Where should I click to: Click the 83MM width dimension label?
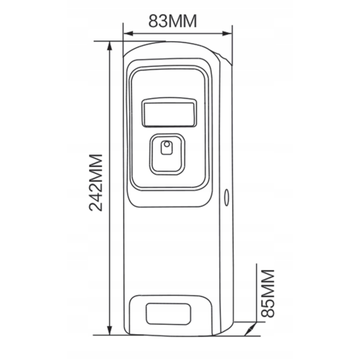[173, 21]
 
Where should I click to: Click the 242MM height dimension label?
[96, 183]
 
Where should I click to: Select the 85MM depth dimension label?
[268, 294]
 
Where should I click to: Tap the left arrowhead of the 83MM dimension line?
[128, 33]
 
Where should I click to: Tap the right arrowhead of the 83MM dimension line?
[227, 33]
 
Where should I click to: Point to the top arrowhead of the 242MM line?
[110, 46]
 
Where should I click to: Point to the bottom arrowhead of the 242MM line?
[110, 331]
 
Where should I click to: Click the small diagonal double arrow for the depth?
[250, 329]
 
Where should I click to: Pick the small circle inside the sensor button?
[167, 144]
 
